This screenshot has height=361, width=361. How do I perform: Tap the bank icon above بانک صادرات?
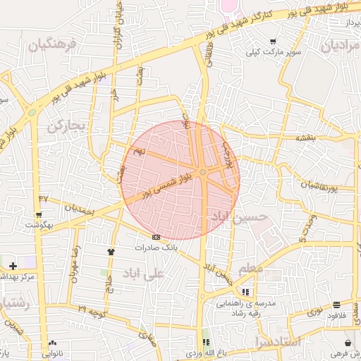156,237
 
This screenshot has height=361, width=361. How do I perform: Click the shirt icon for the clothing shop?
110,251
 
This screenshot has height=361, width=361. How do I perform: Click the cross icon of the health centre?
13,265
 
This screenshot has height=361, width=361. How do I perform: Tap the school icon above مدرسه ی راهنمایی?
245,291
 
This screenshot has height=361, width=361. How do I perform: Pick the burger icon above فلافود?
338,305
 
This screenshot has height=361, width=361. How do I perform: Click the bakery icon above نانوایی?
51,343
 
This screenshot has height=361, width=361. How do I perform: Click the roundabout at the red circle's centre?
203,172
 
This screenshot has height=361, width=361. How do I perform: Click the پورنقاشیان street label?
326,187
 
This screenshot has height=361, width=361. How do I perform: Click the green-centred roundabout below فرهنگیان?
31,111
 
